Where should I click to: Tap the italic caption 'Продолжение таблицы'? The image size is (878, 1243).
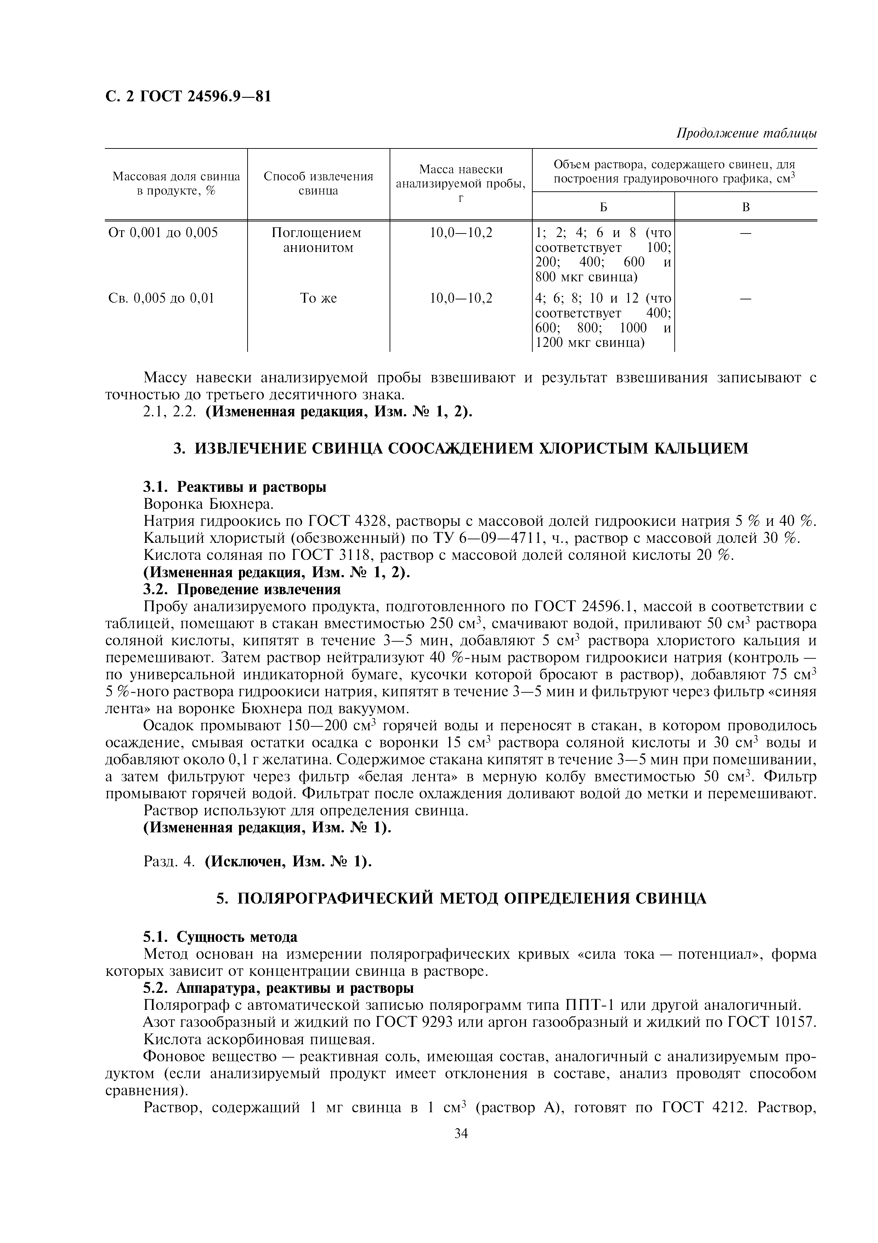click(747, 133)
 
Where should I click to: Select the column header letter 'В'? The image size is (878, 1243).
click(746, 207)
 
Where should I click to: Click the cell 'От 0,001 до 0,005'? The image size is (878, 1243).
click(163, 233)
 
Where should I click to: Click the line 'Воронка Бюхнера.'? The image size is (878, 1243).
click(209, 504)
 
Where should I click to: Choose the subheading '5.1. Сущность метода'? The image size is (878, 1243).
click(220, 937)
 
